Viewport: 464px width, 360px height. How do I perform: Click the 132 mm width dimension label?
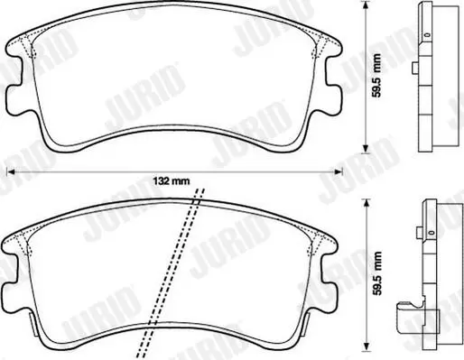coord(172,181)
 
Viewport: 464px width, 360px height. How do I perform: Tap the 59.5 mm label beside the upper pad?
coord(376,76)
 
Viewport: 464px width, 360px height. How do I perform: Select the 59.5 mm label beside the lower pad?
coord(376,273)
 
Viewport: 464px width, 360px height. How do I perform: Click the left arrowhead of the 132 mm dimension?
coord(11,171)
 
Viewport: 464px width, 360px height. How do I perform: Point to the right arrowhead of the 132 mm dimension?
coord(339,171)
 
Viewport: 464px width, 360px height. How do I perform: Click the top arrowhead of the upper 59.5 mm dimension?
coord(366,5)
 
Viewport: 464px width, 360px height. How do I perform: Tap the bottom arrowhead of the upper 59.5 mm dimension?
coord(366,149)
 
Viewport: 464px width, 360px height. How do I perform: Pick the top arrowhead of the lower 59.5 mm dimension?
coord(366,203)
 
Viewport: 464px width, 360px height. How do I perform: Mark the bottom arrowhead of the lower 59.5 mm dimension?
coord(366,346)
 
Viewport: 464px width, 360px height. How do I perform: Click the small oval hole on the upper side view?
coord(426,34)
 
